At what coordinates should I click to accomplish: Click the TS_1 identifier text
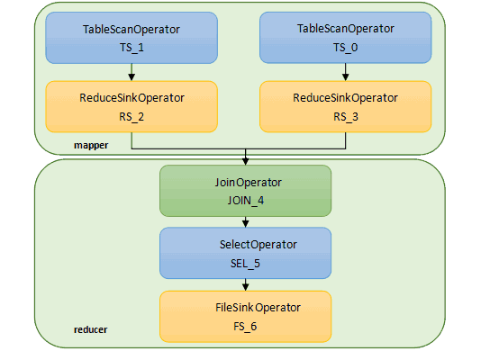pyautogui.click(x=132, y=48)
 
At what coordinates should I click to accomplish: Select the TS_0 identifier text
pyautogui.click(x=346, y=48)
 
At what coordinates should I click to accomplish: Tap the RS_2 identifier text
pyautogui.click(x=132, y=117)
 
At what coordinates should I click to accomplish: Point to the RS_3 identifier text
pyautogui.click(x=346, y=117)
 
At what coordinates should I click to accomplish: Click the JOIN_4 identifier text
pyautogui.click(x=246, y=201)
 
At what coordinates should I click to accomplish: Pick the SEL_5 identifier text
pyautogui.click(x=245, y=264)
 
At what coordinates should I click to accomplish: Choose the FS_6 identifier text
pyautogui.click(x=245, y=327)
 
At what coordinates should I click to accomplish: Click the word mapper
pyautogui.click(x=91, y=145)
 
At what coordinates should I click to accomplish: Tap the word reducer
pyautogui.click(x=91, y=329)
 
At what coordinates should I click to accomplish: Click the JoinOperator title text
pyautogui.click(x=249, y=183)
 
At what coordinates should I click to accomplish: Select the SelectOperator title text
pyautogui.click(x=259, y=245)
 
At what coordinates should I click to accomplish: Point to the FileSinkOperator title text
pyautogui.click(x=258, y=308)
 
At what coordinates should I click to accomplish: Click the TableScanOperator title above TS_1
pyautogui.click(x=132, y=30)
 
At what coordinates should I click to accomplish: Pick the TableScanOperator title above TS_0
pyautogui.click(x=346, y=29)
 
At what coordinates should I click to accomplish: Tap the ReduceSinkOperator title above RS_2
pyautogui.click(x=132, y=98)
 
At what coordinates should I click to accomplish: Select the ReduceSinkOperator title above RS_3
pyautogui.click(x=346, y=98)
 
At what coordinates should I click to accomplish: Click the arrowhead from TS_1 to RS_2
pyautogui.click(x=132, y=77)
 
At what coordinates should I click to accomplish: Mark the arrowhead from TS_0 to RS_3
pyautogui.click(x=346, y=77)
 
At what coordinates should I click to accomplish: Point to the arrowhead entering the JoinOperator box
pyautogui.click(x=245, y=161)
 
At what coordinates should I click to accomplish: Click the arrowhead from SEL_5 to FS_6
pyautogui.click(x=245, y=287)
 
